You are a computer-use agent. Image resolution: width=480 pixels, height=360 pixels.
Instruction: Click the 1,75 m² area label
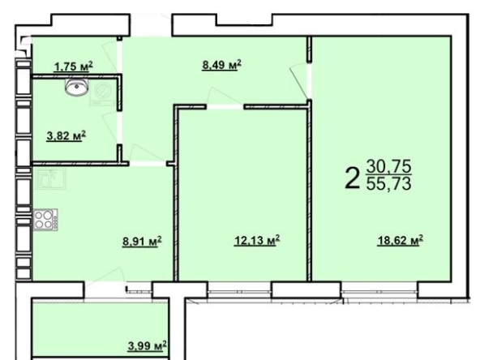pos(73,66)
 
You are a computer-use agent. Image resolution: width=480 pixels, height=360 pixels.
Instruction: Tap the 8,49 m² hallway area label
pos(221,65)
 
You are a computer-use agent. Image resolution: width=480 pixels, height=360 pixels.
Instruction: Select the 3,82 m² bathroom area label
pos(66,135)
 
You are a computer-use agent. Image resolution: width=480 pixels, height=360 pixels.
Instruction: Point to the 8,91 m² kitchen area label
pos(142,242)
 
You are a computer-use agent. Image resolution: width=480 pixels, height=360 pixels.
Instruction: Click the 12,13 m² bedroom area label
pos(257,240)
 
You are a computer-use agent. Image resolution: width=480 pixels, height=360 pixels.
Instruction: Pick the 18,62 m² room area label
pos(400,240)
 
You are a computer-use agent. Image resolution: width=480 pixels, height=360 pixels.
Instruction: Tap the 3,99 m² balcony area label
pos(148,346)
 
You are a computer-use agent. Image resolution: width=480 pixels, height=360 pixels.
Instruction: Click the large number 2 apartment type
pos(352,178)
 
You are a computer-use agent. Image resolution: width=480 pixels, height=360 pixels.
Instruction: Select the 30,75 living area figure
pos(388,166)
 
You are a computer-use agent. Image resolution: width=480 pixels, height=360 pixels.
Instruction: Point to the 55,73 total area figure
pos(388,184)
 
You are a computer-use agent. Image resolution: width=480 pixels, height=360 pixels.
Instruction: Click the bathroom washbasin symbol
pos(76,86)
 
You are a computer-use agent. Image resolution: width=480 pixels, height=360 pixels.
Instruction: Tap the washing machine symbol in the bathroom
pos(102,92)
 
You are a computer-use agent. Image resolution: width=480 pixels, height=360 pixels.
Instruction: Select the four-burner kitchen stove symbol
pos(45,220)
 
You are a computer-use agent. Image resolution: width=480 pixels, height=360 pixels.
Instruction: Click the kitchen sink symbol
pos(51,178)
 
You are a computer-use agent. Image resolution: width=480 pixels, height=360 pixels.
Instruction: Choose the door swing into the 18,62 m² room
pos(298,81)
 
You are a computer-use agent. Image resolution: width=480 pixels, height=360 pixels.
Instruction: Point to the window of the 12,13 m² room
pos(240,289)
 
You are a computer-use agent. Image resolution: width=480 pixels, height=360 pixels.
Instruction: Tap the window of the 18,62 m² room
pos(379,289)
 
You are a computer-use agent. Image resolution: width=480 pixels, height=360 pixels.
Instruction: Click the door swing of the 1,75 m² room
pos(111,57)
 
